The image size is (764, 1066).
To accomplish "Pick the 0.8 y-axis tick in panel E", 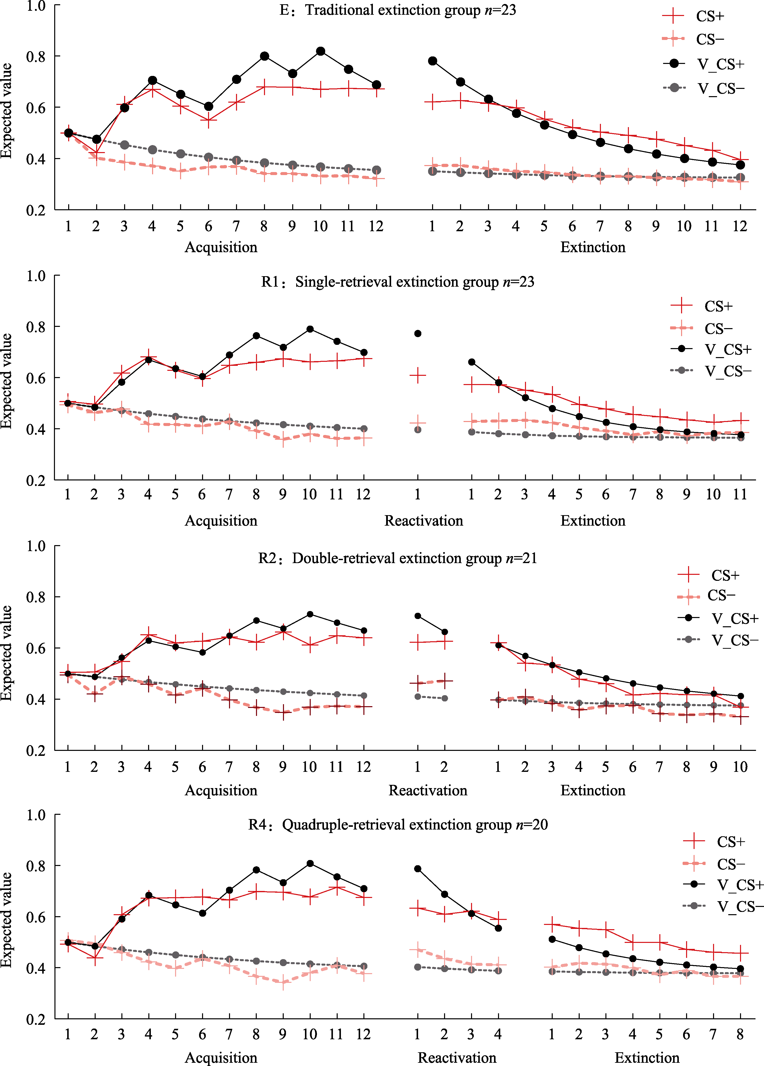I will click(x=36, y=56).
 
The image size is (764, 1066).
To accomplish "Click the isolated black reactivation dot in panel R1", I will click(x=418, y=334).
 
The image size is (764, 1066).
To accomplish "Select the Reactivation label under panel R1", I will click(x=424, y=521).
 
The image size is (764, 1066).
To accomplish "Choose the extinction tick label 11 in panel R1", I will click(x=740, y=494).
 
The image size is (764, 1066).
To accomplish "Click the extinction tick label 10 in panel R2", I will click(x=740, y=767).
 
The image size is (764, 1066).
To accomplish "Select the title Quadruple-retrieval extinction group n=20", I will click(x=398, y=825).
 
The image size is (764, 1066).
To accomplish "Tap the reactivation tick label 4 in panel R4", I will click(x=498, y=1035).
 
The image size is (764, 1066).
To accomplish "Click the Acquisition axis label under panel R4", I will click(x=221, y=1058).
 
